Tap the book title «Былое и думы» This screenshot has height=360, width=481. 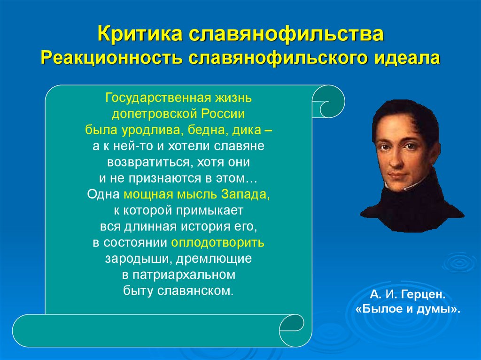point(407,309)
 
